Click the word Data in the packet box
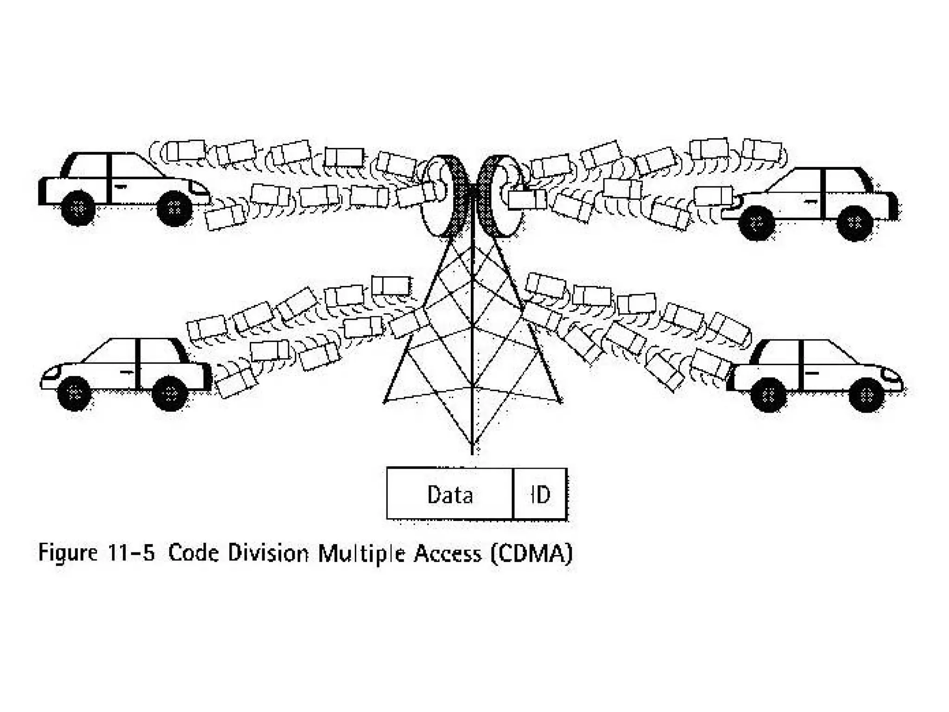[450, 495]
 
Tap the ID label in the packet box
[540, 495]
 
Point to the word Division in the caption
[268, 553]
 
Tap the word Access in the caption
[447, 553]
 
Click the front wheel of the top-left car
[174, 208]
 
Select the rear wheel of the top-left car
[78, 208]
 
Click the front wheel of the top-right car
[756, 223]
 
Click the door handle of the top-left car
[120, 186]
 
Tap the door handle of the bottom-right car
[812, 373]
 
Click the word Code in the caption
[193, 553]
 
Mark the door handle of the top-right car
[810, 201]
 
